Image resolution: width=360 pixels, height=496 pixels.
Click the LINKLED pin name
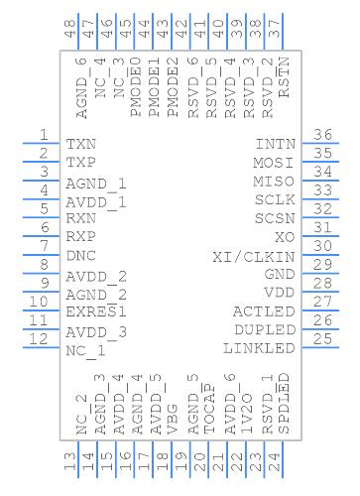[260, 348]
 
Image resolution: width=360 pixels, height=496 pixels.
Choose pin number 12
[42, 339]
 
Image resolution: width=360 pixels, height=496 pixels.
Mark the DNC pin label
[81, 256]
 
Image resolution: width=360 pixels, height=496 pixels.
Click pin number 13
[70, 461]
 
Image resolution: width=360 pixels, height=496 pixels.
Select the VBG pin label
[174, 422]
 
